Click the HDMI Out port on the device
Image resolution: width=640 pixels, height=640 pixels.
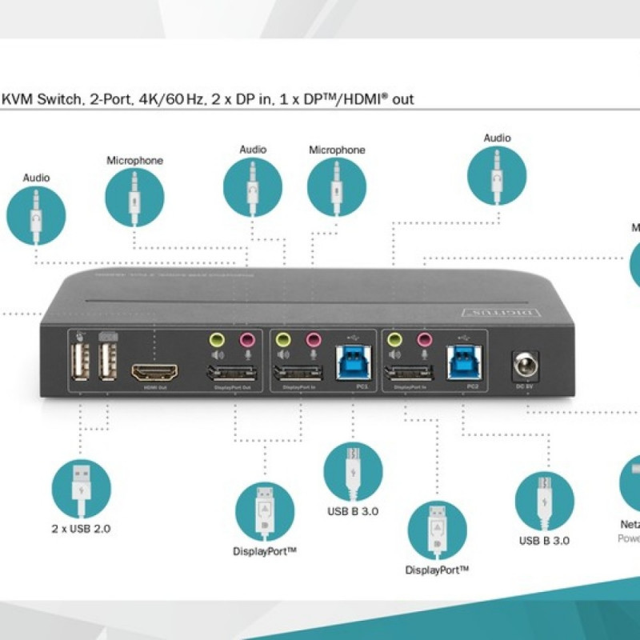(x=155, y=373)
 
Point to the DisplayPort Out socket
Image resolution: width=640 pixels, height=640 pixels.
(x=231, y=374)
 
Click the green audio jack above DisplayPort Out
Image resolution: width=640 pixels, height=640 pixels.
(x=215, y=339)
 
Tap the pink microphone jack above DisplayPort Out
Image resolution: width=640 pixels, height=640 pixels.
(x=247, y=339)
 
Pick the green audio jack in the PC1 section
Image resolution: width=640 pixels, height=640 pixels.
(x=282, y=339)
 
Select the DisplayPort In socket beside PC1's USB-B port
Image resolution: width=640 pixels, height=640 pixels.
(x=298, y=374)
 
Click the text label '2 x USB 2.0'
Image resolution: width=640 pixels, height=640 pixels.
(x=81, y=529)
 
